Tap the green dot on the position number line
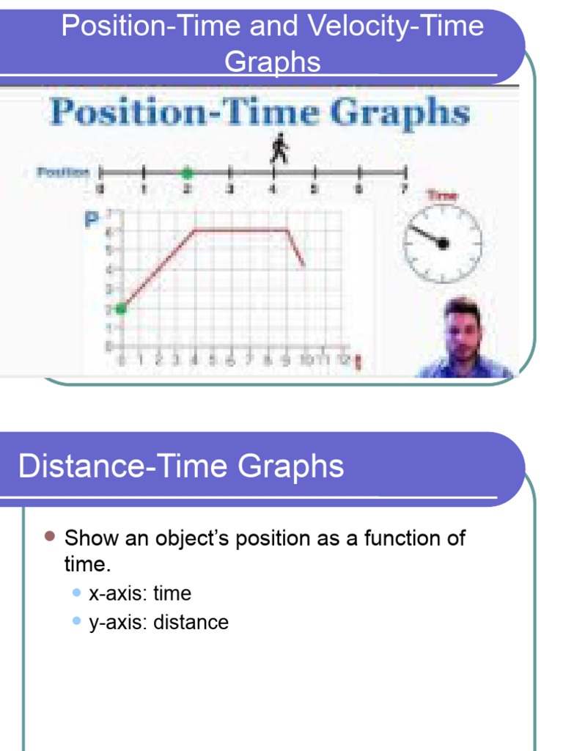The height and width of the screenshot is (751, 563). click(x=187, y=173)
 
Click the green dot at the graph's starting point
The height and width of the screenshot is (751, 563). click(x=122, y=309)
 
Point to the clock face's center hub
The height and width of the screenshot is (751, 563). click(x=443, y=243)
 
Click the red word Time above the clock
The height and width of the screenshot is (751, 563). click(x=441, y=195)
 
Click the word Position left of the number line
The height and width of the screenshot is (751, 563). click(x=63, y=172)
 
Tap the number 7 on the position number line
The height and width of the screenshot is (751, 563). click(x=402, y=189)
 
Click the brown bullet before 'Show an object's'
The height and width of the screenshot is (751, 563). click(x=49, y=537)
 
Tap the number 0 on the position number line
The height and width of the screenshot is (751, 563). click(x=100, y=189)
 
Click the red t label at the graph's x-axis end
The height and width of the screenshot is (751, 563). click(x=357, y=362)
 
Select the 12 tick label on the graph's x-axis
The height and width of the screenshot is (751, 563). click(x=343, y=360)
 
